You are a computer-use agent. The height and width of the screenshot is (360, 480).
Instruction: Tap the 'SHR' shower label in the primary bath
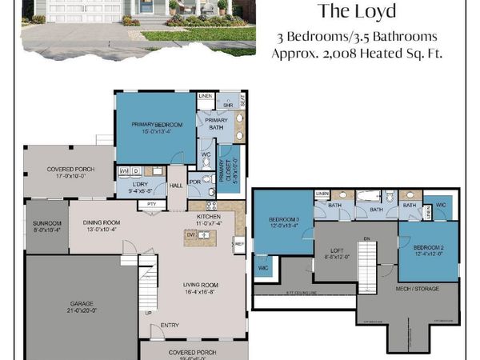point(227,104)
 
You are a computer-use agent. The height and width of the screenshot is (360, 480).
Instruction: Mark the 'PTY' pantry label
point(150,203)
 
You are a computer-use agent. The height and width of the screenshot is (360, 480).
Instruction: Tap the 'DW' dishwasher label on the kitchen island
point(190,235)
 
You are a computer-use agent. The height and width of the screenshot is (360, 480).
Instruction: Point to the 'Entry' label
point(170,325)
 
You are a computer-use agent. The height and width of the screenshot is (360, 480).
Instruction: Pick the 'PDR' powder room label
point(194,179)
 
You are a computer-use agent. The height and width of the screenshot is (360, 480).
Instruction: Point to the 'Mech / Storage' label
point(423,288)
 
